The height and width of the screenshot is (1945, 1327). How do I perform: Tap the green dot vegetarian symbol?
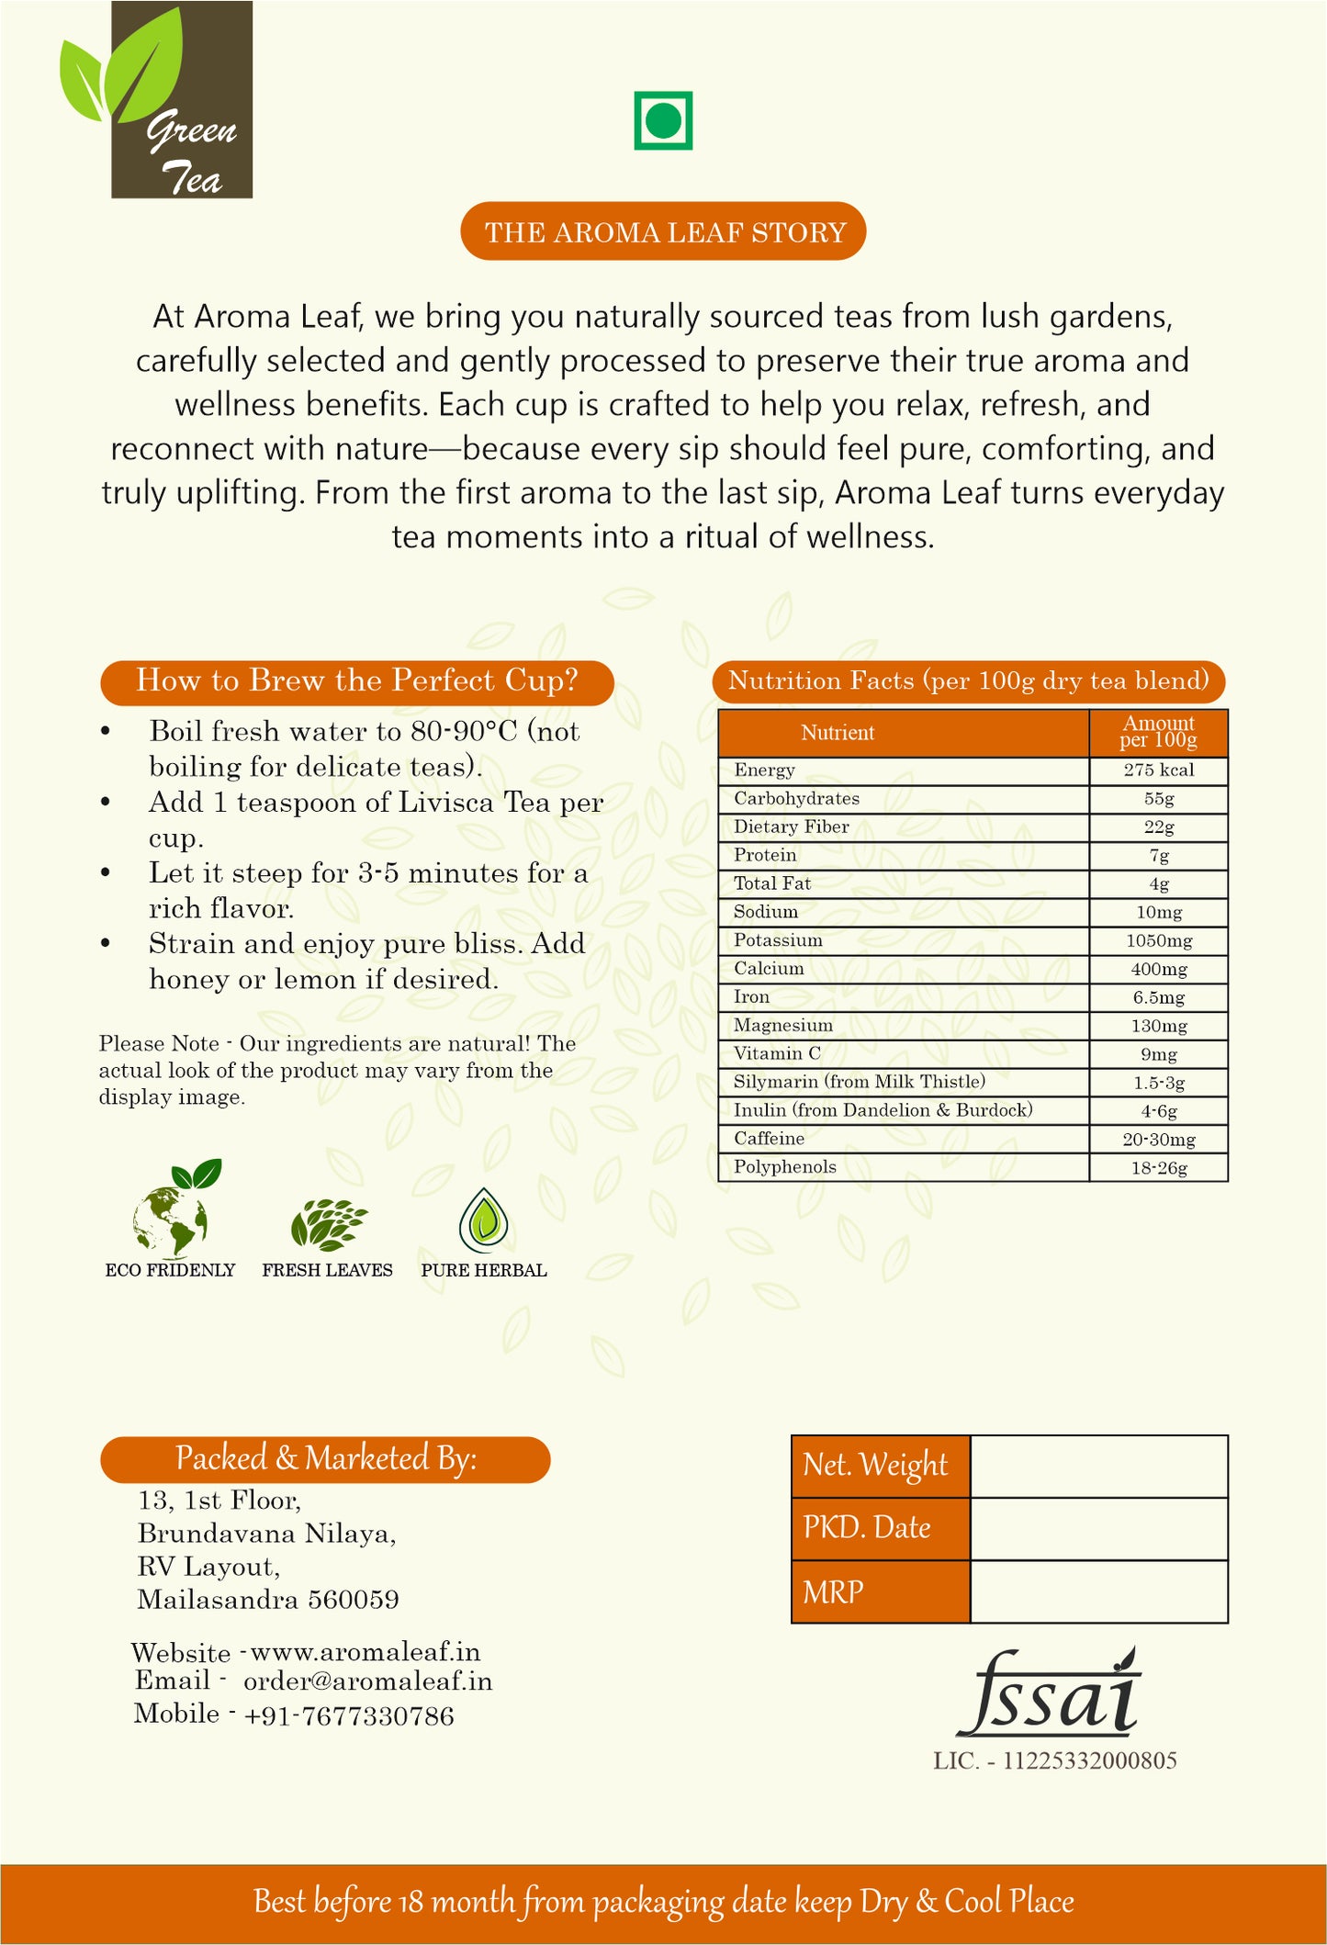pos(662,120)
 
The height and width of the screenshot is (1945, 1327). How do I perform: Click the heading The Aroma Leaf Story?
pos(663,232)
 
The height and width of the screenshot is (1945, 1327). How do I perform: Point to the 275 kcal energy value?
pos(1158,770)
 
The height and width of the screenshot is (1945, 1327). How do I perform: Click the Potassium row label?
pos(778,940)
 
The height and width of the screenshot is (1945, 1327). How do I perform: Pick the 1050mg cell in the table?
pos(1158,941)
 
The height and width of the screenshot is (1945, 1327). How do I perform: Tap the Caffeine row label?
pos(769,1139)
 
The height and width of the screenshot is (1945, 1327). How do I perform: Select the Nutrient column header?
pos(838,733)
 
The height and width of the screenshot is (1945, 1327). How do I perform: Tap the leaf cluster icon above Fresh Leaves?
pos(328,1224)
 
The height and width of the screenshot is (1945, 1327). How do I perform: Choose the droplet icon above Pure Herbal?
pos(483,1220)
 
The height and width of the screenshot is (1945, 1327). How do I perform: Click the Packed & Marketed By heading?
pos(325,1459)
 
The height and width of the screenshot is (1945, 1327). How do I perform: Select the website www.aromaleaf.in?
pos(365,1652)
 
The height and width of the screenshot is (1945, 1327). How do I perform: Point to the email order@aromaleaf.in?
pos(367,1681)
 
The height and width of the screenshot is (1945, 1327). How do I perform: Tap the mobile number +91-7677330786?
pos(349,1715)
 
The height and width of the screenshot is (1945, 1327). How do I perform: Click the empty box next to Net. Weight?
pos(1098,1467)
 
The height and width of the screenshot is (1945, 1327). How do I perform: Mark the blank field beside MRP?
pos(1098,1591)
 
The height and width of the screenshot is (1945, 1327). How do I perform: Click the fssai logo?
pos(1049,1694)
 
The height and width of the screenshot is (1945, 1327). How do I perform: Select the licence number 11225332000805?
pos(1089,1760)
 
